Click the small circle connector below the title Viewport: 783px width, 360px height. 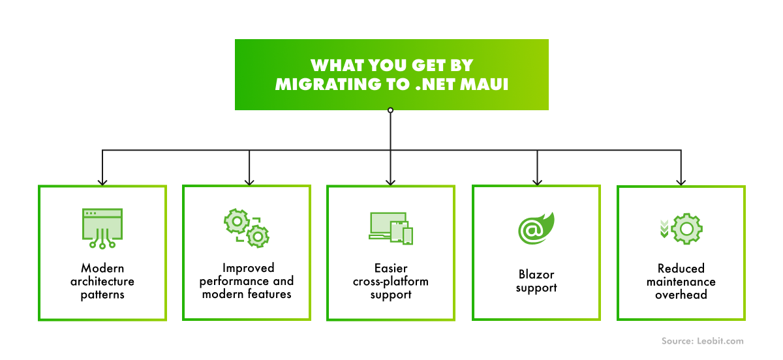[390, 110]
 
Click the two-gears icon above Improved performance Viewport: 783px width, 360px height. [247, 228]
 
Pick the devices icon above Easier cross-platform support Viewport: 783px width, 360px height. [391, 228]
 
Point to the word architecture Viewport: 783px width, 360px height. [102, 282]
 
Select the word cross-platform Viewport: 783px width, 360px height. [391, 282]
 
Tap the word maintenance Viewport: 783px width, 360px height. [681, 282]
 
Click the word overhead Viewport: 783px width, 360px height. [681, 294]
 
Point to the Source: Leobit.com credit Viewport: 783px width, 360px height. [702, 341]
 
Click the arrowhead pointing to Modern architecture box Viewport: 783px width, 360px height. [102, 182]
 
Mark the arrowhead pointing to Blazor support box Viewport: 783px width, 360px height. [536, 182]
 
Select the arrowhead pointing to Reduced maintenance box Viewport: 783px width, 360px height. [681, 182]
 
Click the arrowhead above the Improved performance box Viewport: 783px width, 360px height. [248, 182]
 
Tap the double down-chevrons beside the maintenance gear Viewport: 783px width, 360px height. [664, 228]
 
